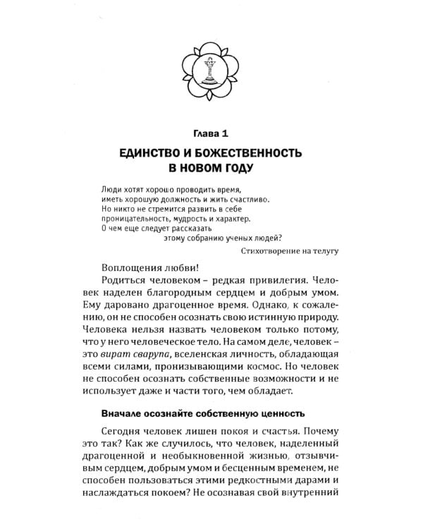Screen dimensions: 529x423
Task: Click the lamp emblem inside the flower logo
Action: tap(209, 70)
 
